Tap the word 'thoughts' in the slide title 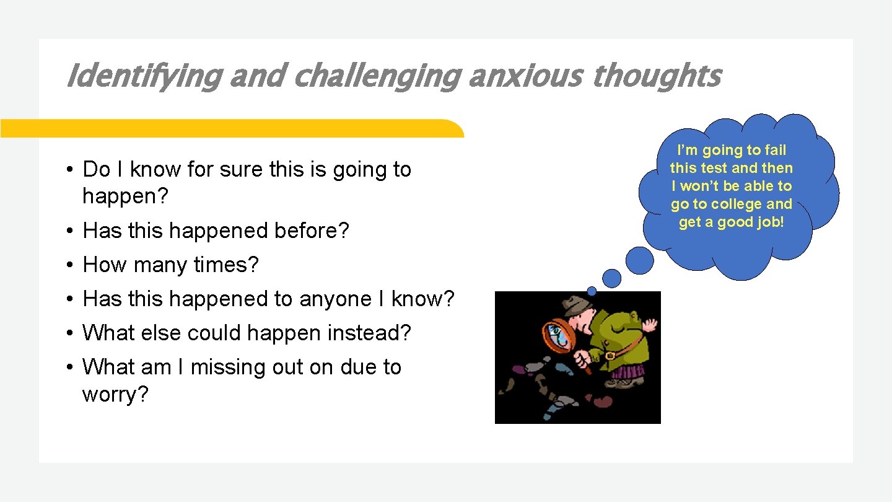[656, 77]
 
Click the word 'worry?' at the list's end [115, 395]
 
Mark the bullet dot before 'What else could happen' [71, 333]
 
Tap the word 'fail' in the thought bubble [774, 150]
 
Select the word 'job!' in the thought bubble [770, 222]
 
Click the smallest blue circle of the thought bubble [592, 291]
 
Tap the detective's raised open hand [649, 325]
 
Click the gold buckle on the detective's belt [610, 356]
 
